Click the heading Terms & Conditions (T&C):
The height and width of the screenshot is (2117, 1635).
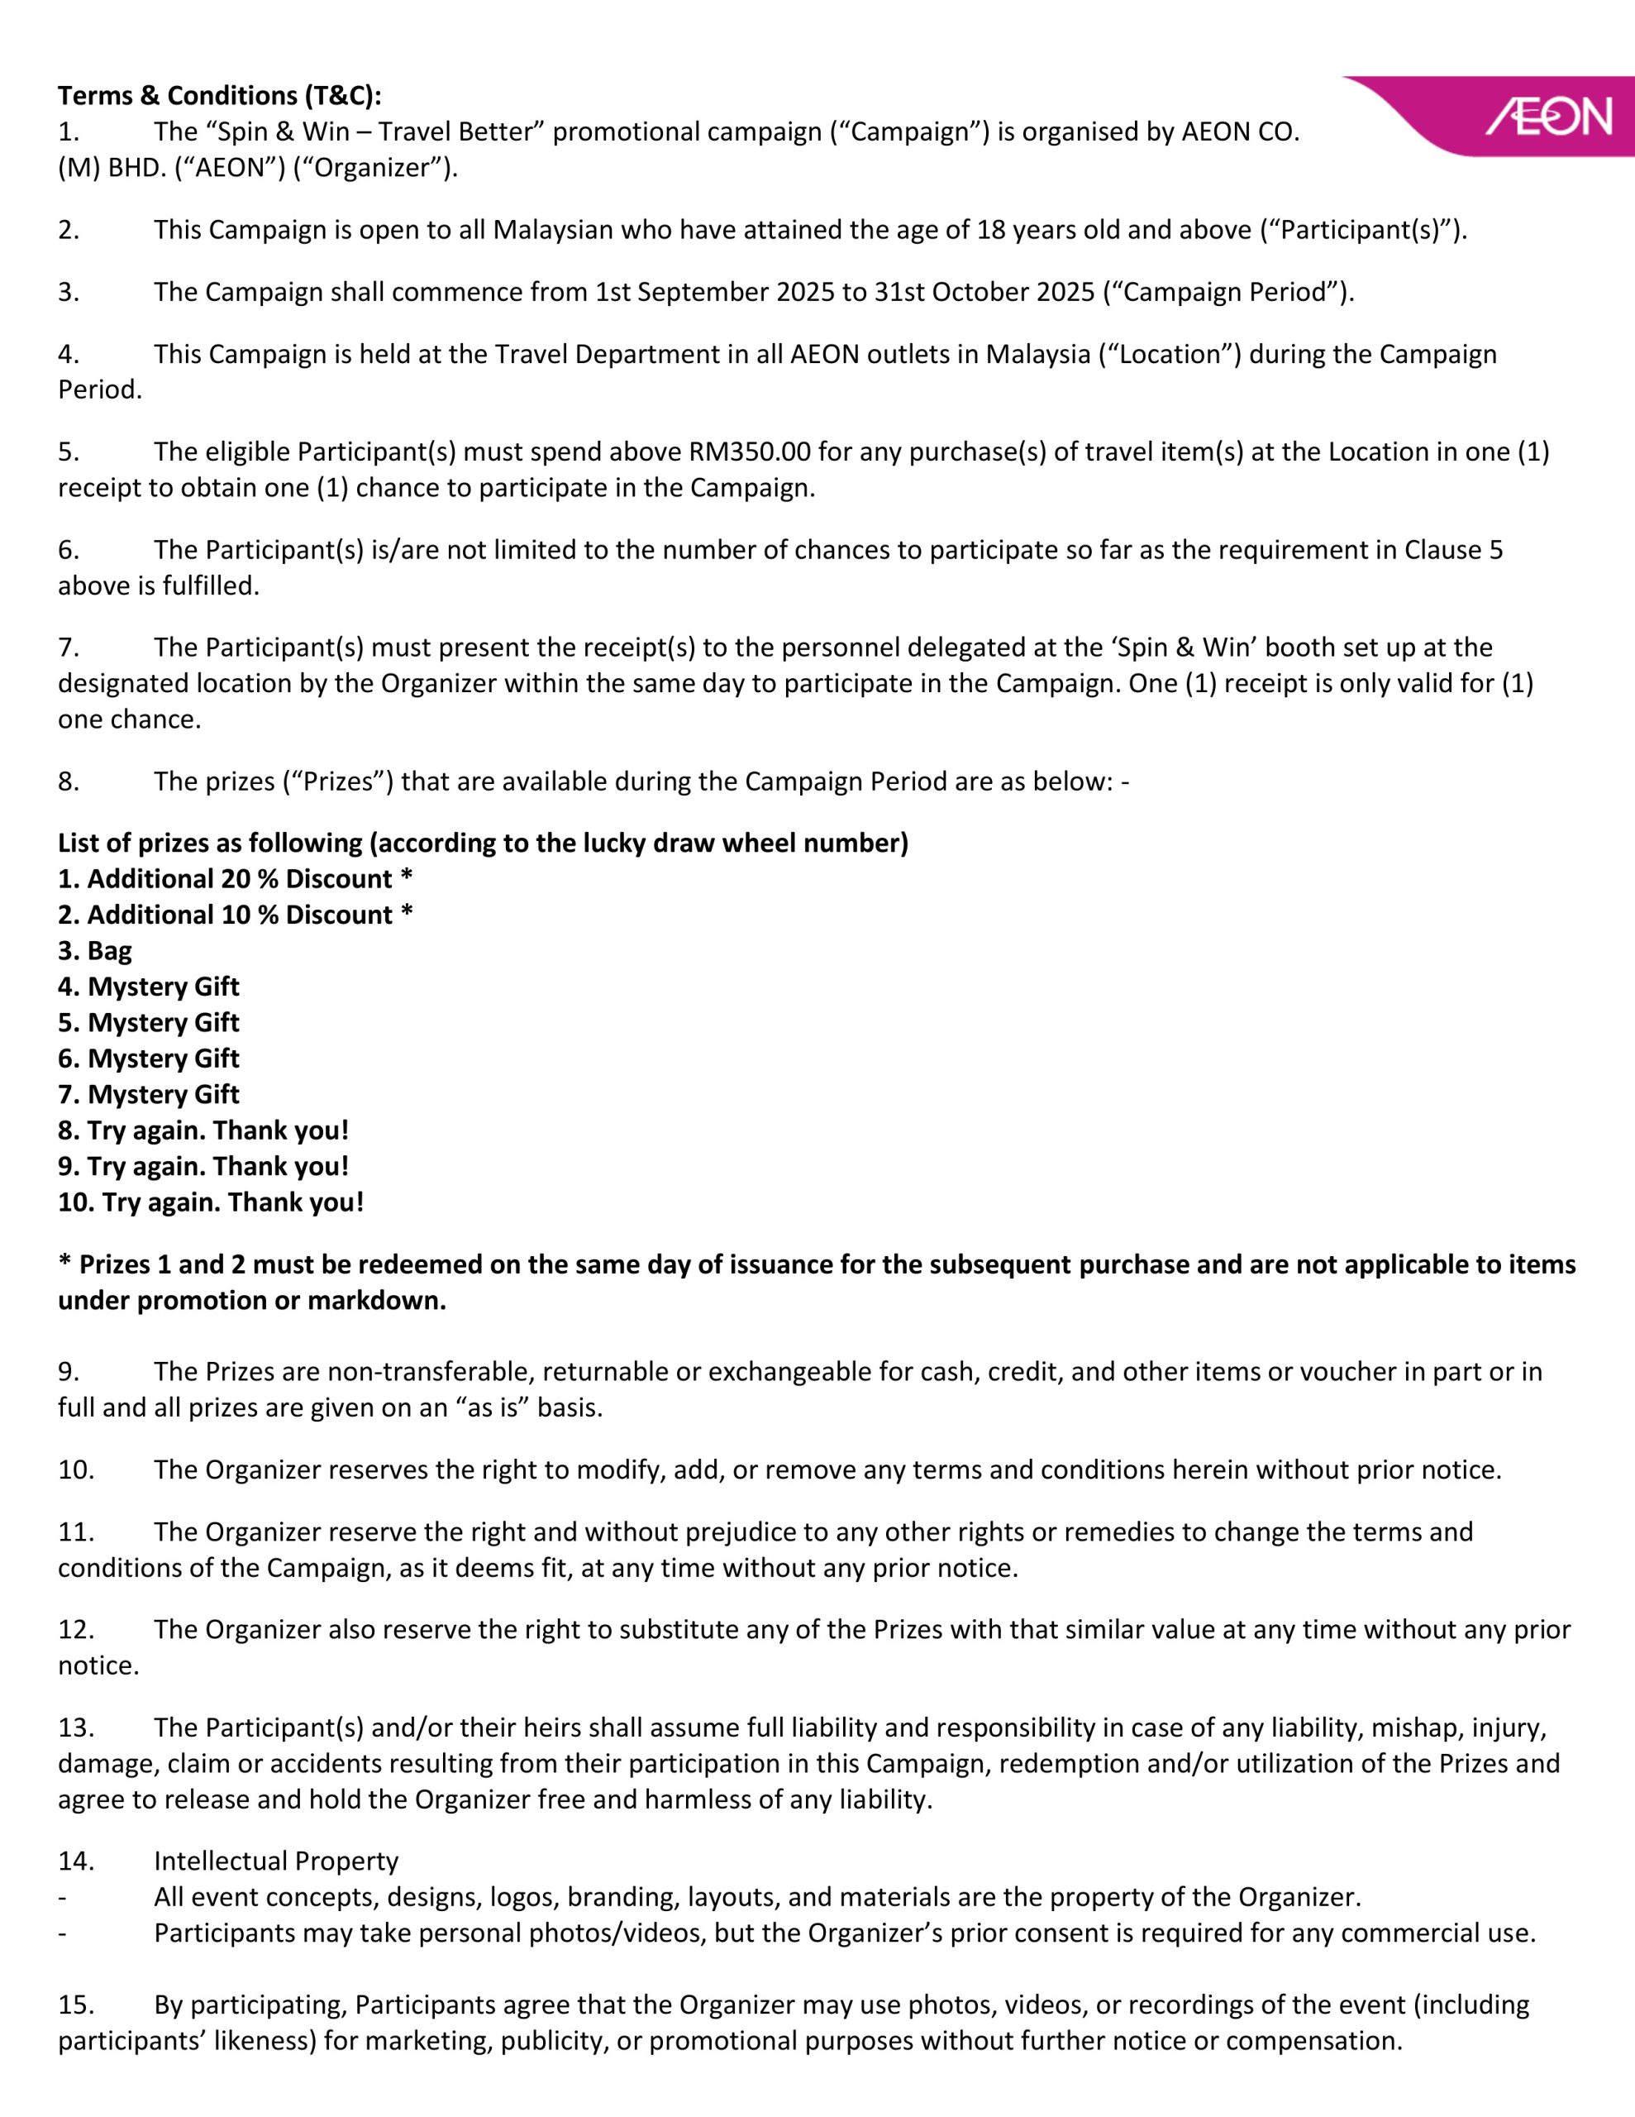pyautogui.click(x=219, y=96)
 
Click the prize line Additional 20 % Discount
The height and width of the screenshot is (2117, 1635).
pyautogui.click(x=235, y=879)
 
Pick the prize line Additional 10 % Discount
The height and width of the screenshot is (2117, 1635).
pyautogui.click(x=235, y=915)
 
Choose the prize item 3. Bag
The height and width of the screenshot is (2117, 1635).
pyautogui.click(x=95, y=951)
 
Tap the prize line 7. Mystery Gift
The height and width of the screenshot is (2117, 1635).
pyautogui.click(x=148, y=1094)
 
